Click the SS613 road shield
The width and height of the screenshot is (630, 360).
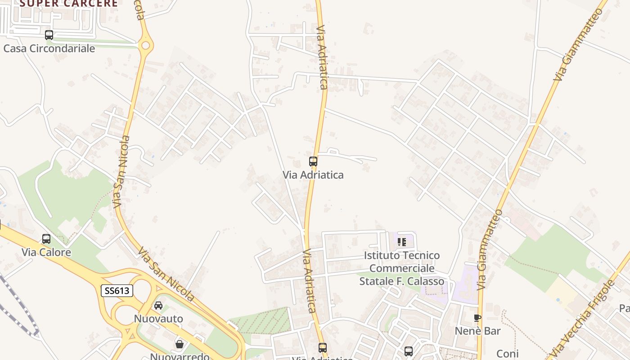117,291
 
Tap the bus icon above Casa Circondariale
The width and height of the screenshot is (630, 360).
49,35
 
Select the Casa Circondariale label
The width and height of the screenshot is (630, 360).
49,49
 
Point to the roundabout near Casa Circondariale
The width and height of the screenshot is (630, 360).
145,45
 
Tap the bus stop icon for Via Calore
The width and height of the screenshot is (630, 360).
46,239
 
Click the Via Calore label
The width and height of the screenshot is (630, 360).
46,252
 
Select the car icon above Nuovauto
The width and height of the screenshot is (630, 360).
158,306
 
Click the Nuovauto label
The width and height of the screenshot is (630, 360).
158,319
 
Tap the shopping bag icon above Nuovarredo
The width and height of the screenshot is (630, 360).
180,344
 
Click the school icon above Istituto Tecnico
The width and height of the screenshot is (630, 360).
402,242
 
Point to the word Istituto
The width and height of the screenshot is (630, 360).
382,256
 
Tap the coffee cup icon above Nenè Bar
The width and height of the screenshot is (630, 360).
477,318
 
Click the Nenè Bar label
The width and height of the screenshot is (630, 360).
477,331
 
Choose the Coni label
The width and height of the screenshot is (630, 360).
508,354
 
